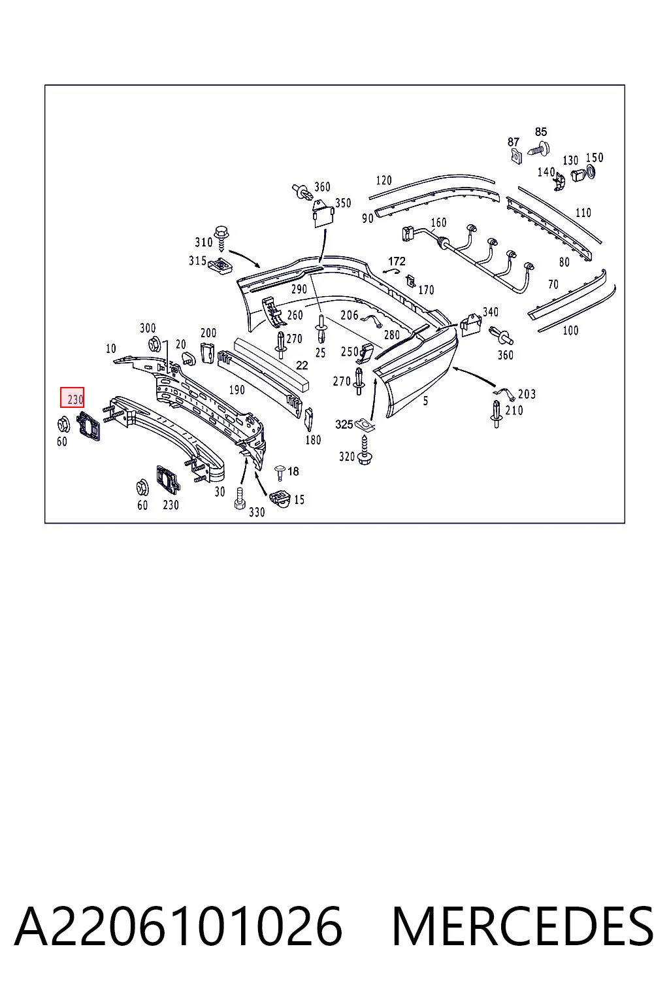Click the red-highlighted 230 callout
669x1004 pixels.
point(72,397)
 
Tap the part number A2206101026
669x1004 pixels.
point(178,926)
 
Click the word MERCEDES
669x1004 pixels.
point(523,926)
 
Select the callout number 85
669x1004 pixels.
point(541,132)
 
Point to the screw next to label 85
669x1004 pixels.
point(538,149)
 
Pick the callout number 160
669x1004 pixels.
point(438,222)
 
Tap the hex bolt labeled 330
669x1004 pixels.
point(240,497)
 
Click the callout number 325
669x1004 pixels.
point(344,424)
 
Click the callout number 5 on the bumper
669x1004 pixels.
point(425,401)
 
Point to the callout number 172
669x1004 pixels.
point(397,261)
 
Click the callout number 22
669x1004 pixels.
point(302,365)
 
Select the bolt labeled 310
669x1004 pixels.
point(222,239)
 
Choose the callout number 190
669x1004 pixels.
point(237,390)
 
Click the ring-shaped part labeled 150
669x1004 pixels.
point(590,172)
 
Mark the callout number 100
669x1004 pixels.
point(570,330)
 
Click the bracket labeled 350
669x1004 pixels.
point(323,214)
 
